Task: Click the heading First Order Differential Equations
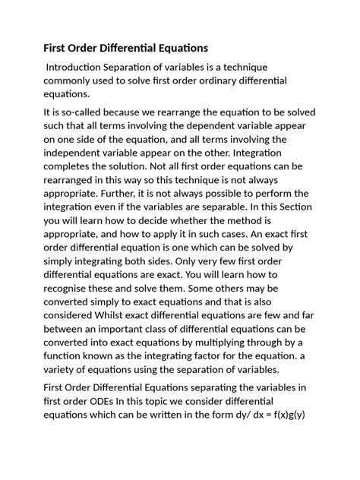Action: (x=126, y=48)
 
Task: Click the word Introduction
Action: (x=80, y=67)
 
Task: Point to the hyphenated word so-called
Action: (x=74, y=112)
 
